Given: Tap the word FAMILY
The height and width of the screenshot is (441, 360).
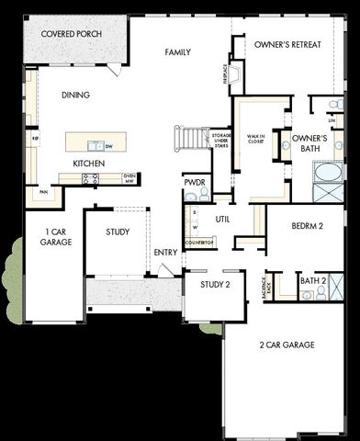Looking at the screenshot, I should click(178, 52).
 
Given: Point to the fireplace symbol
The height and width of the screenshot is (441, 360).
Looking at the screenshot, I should click(236, 74).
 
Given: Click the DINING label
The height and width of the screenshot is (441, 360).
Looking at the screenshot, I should click(76, 95).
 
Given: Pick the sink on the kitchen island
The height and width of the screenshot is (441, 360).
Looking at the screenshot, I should click(95, 145).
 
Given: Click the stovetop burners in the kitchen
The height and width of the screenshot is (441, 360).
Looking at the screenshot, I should click(90, 180).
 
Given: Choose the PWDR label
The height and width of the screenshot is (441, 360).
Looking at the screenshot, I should click(194, 182).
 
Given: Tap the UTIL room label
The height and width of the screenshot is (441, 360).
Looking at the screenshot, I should click(222, 220).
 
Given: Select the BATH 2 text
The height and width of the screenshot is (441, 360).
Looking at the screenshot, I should click(313, 280).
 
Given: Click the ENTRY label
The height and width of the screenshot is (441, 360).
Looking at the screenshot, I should click(166, 253).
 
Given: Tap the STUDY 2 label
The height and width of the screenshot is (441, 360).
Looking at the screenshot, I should click(215, 286).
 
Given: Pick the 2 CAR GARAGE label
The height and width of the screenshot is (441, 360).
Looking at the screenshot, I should click(287, 345).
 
